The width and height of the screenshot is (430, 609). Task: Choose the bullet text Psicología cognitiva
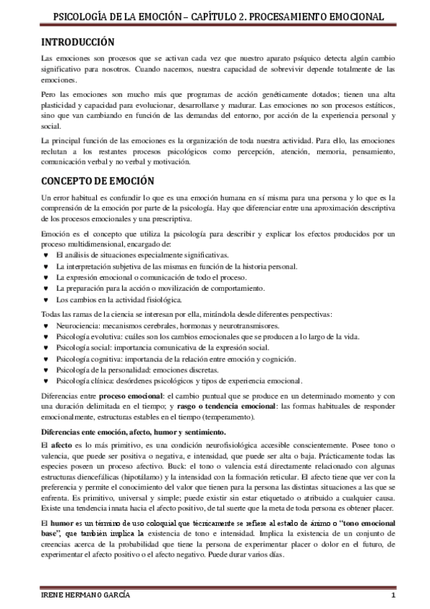[88, 358]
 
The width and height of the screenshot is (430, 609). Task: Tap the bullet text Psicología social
[82, 348]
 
